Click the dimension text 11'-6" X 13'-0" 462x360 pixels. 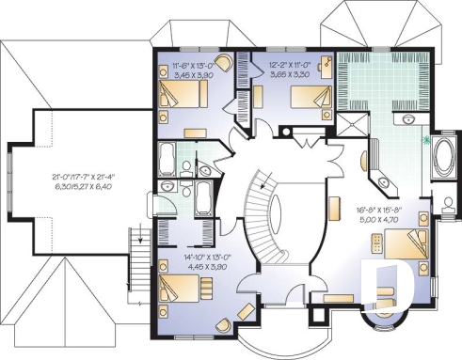pyautogui.click(x=194, y=65)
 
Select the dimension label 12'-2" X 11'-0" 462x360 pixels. pyautogui.click(x=287, y=65)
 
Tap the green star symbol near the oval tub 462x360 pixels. pyautogui.click(x=429, y=141)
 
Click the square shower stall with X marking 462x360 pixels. pyautogui.click(x=353, y=128)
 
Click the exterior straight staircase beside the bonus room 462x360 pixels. pyautogui.click(x=140, y=252)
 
